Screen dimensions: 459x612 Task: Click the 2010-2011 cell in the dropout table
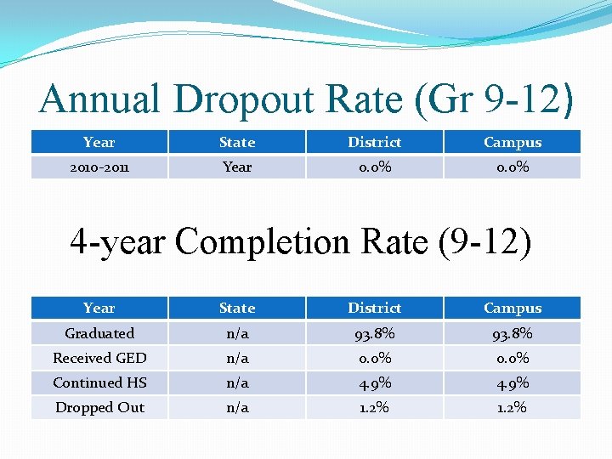[99, 167]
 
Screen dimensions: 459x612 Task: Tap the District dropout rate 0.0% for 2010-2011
[374, 167]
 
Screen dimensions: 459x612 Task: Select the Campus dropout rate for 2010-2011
[512, 167]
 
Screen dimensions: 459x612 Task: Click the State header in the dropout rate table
[236, 142]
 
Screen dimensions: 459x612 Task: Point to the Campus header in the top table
[512, 142]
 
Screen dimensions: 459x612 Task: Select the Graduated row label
[99, 333]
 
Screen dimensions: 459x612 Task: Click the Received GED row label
[99, 358]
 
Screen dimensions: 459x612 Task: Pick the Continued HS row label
[99, 382]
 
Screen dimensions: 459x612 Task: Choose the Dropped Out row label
[99, 407]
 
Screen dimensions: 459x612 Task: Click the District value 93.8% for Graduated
[374, 333]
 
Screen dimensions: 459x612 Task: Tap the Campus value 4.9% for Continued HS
[512, 382]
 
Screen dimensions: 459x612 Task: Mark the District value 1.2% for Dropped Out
[374, 407]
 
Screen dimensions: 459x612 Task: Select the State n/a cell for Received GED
[236, 358]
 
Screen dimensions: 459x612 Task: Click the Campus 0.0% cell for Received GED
[512, 358]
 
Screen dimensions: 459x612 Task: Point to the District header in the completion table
[374, 308]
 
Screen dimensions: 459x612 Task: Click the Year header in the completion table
[99, 308]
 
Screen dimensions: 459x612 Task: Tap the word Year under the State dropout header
[236, 167]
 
